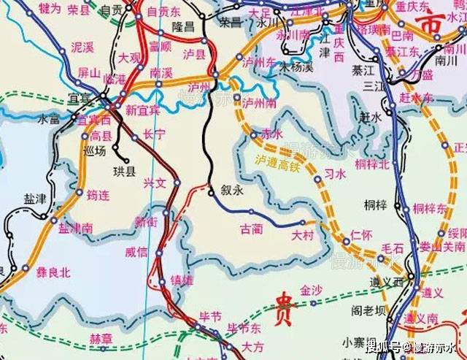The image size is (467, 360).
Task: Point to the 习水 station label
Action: coord(334,175)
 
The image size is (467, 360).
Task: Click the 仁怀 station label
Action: coord(361,234)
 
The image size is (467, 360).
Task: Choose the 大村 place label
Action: coord(302,235)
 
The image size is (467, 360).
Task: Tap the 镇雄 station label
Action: coord(182,280)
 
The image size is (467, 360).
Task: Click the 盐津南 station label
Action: coord(75,229)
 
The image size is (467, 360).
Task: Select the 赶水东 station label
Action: coord(417,97)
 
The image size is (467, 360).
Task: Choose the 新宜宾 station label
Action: coord(142,110)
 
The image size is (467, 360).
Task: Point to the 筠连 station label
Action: coord(98,196)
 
